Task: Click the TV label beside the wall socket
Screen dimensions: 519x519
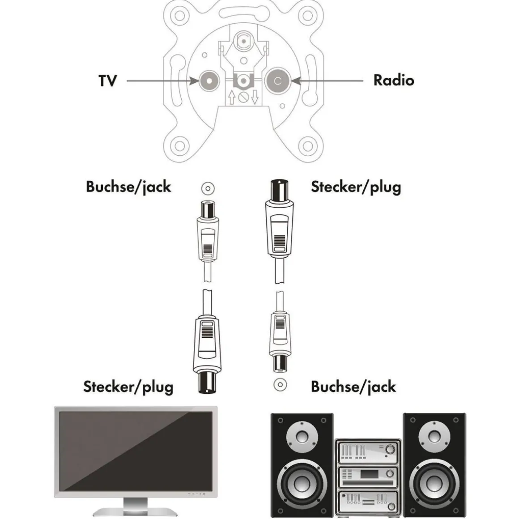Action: coord(107,81)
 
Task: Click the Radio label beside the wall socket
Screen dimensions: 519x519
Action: coord(393,81)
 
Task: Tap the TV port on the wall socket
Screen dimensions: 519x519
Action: coord(208,81)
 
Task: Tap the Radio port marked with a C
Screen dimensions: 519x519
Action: coord(277,81)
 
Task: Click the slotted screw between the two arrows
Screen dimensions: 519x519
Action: coord(243,97)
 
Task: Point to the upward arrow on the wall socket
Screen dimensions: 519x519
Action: coord(231,97)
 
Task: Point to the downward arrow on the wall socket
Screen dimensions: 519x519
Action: coord(255,97)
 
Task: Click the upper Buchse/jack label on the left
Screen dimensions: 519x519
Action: coord(128,187)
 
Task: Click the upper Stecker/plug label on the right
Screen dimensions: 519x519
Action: coord(356,187)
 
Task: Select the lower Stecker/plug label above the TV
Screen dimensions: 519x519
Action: coord(128,387)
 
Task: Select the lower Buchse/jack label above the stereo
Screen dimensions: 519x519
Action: coord(353,387)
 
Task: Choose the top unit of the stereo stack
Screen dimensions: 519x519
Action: coord(368,451)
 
